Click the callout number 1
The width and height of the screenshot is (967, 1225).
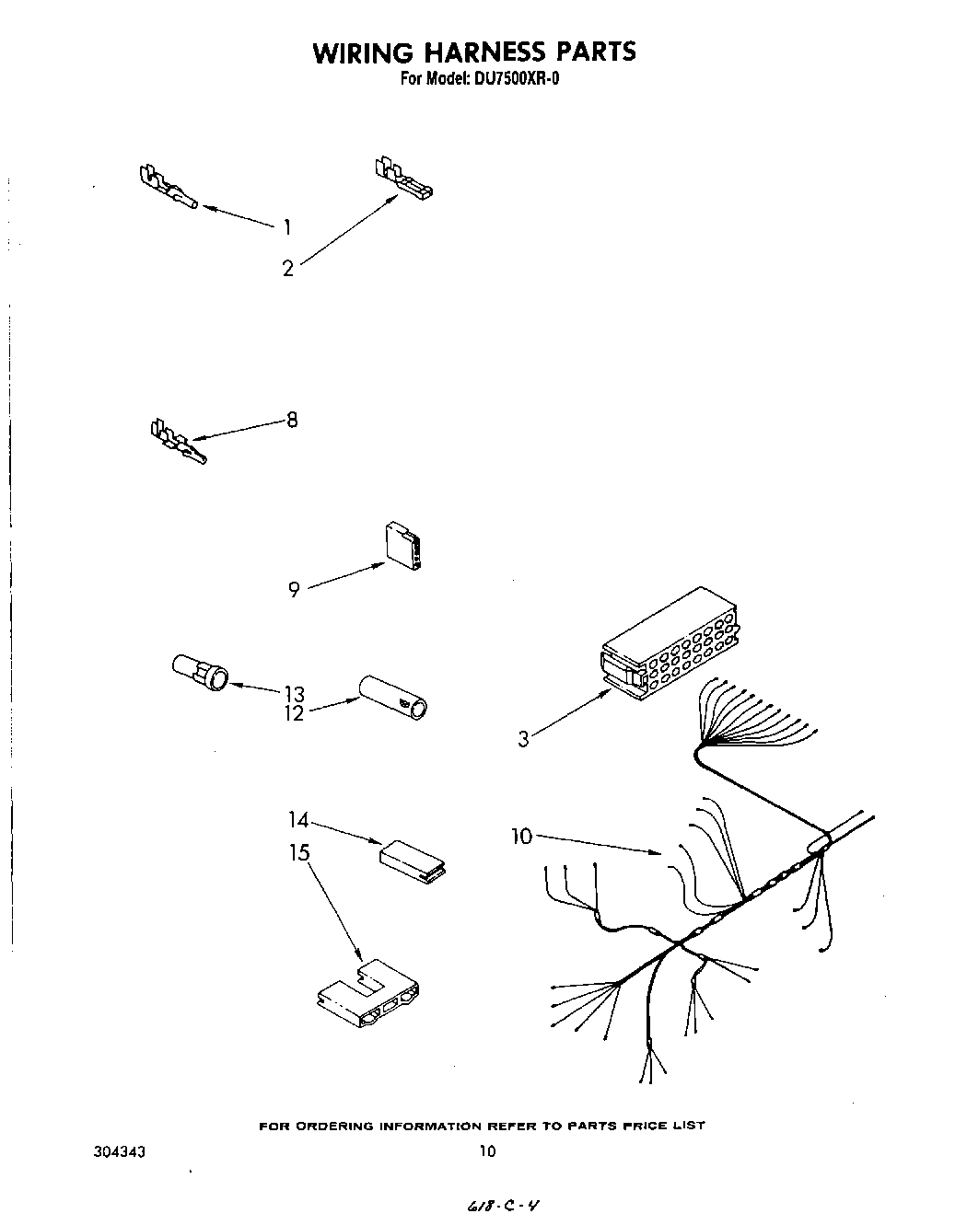(x=287, y=227)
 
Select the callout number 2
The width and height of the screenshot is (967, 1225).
(x=288, y=269)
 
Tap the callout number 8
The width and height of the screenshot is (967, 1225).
(x=292, y=420)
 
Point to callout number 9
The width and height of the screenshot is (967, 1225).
(x=294, y=590)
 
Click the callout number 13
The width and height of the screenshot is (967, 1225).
(x=294, y=694)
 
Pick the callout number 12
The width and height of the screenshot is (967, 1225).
(x=294, y=713)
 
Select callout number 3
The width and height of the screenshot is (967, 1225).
(x=523, y=738)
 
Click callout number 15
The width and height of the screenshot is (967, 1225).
(x=298, y=852)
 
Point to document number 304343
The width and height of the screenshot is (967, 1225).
(x=119, y=1150)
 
